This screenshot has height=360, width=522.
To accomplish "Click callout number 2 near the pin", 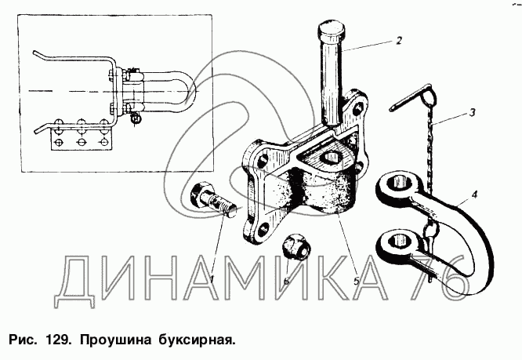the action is [x=398, y=41].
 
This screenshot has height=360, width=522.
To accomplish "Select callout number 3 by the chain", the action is [x=472, y=113].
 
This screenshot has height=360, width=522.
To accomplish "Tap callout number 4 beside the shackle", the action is [x=474, y=195].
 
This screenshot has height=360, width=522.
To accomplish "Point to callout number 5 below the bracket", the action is [x=356, y=281].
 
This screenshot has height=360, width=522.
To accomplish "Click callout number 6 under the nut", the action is [x=286, y=281].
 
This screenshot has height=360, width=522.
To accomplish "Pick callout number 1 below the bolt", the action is [x=212, y=279].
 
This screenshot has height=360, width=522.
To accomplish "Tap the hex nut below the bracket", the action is [x=296, y=247].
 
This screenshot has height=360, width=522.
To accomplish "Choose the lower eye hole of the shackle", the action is [x=398, y=240].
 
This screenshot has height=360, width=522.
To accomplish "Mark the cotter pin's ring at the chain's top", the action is [x=427, y=96].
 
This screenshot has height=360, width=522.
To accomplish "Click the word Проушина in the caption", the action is [x=115, y=340].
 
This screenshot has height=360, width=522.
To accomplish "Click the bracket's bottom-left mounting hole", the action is [x=263, y=228].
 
